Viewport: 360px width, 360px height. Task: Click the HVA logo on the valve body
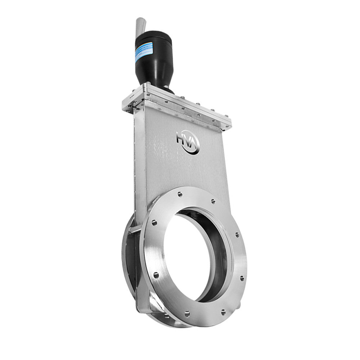188,141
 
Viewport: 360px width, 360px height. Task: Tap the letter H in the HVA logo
180,138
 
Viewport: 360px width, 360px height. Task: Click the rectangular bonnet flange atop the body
180,104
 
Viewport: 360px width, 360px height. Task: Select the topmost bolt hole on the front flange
180,194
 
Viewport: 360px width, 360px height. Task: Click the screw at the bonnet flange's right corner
228,126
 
